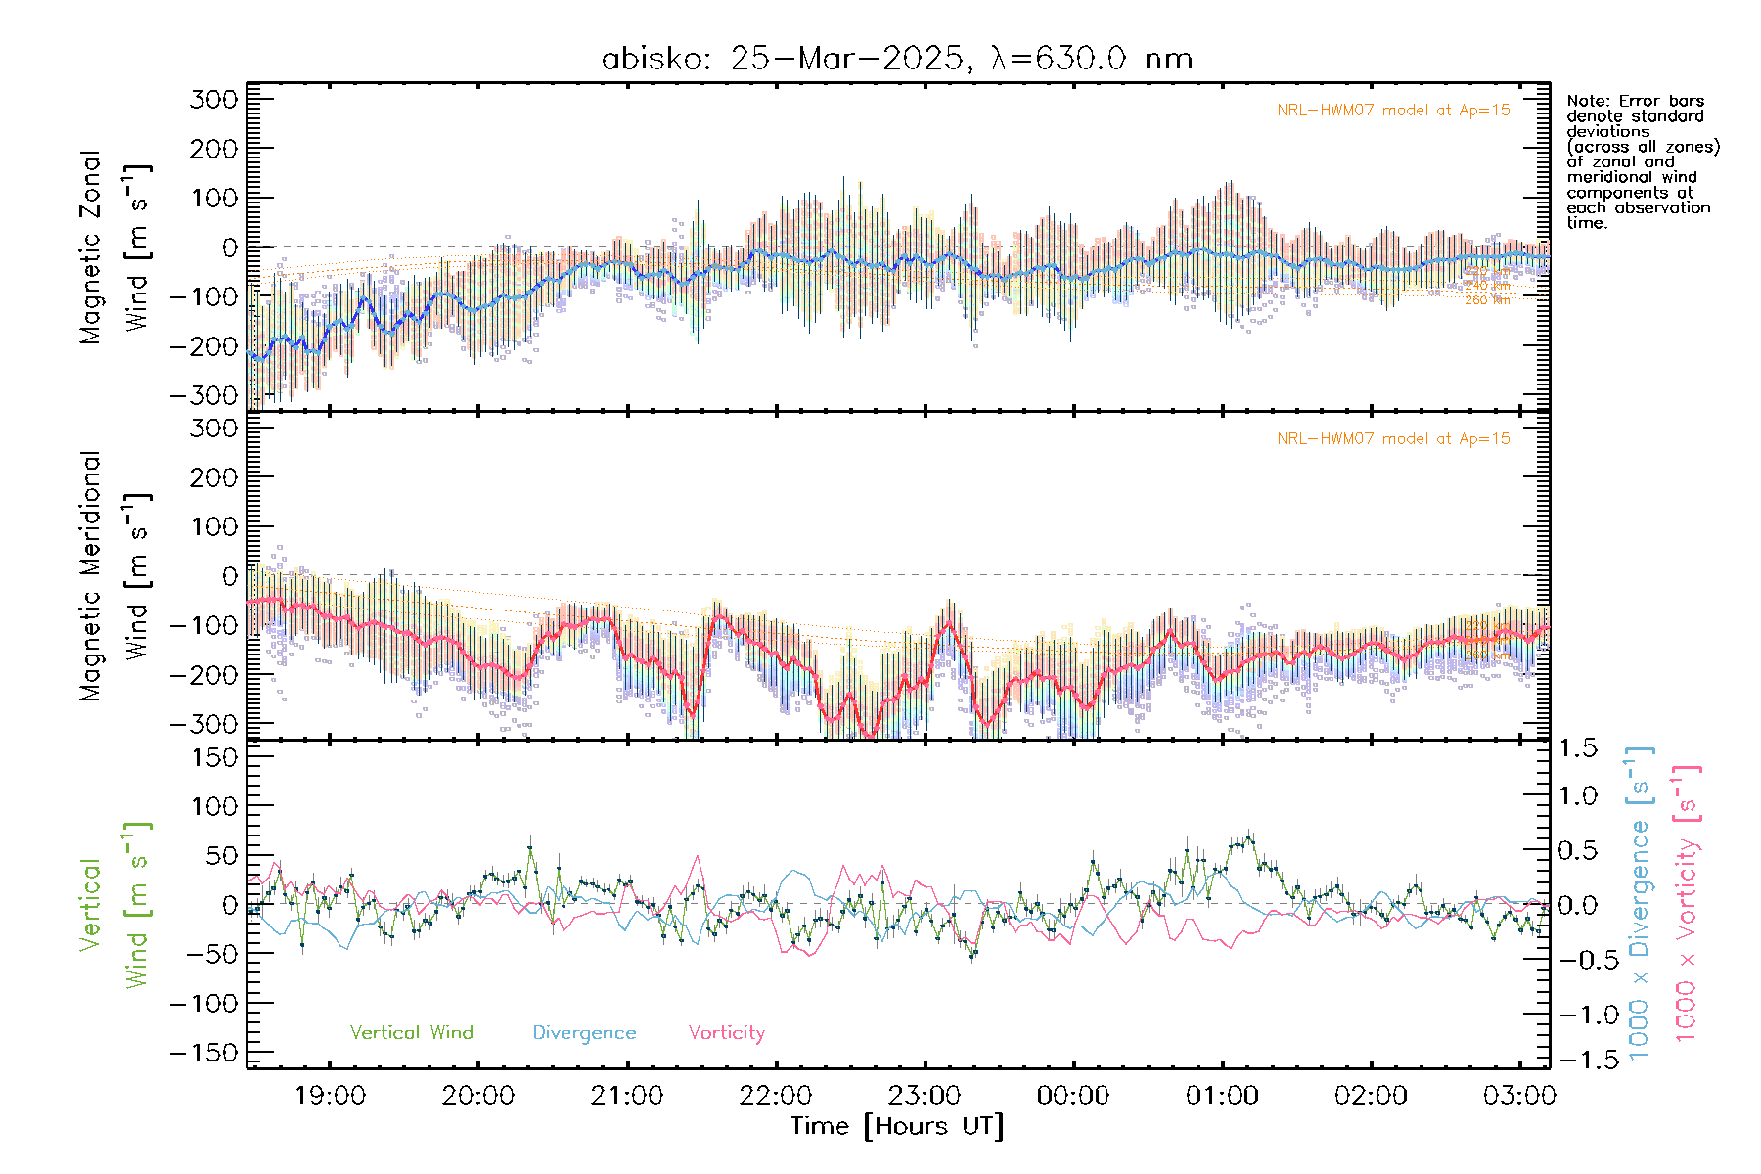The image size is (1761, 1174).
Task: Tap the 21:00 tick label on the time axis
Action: tap(627, 1096)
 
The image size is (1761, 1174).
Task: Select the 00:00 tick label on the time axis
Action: tap(1073, 1096)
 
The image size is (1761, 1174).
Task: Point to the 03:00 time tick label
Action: tap(1519, 1096)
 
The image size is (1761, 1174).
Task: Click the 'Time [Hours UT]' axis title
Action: tap(897, 1127)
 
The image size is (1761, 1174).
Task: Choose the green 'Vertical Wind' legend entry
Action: tap(411, 1033)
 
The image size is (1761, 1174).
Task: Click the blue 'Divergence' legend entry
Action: tap(584, 1033)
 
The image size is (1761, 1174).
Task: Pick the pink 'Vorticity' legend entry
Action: tap(726, 1033)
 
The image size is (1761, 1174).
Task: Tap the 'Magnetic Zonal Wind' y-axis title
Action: tap(114, 248)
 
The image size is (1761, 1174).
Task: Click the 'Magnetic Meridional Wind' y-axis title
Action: tap(114, 576)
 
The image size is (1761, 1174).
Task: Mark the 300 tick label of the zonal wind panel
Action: tap(214, 100)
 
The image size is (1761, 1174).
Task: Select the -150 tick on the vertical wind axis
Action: tap(204, 1054)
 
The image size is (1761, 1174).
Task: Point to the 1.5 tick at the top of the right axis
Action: tap(1578, 748)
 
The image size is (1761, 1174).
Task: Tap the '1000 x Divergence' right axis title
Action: tap(1640, 904)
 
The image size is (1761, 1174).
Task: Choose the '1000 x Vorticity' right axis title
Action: tap(1687, 904)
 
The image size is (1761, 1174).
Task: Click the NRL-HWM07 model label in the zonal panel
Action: tap(1393, 111)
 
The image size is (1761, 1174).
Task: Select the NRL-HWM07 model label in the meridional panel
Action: tap(1393, 439)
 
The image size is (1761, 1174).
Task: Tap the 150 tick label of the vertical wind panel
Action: tap(214, 757)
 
